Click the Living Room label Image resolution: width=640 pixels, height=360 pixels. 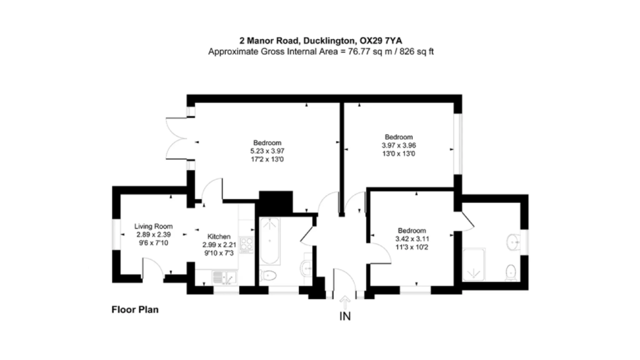coord(153,226)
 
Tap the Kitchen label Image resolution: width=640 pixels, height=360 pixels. coord(219,236)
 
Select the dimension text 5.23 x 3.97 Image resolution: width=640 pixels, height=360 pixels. coord(267,151)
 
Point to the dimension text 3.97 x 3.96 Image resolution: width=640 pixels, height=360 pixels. coord(399,145)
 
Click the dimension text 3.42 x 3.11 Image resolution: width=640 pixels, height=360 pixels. coord(412,238)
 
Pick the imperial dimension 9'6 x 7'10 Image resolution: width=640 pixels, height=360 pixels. coord(153,243)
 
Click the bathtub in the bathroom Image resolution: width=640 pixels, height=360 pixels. coord(269,241)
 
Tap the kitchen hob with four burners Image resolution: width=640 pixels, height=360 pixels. coord(246,244)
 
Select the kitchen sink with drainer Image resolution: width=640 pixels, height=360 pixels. coord(224,277)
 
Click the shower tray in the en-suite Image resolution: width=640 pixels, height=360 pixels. coord(473,264)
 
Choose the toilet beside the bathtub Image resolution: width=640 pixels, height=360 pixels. coord(268,275)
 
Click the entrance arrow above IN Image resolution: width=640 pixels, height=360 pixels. coord(345,302)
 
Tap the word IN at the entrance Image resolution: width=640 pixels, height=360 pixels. coord(345,316)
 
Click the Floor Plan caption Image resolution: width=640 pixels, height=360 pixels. coord(135,309)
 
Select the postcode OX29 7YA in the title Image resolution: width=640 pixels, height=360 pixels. coord(381,41)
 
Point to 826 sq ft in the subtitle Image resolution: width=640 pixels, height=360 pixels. coord(416,51)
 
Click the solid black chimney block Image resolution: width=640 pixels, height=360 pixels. coord(275,202)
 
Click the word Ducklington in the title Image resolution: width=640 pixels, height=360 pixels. coord(329,41)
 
